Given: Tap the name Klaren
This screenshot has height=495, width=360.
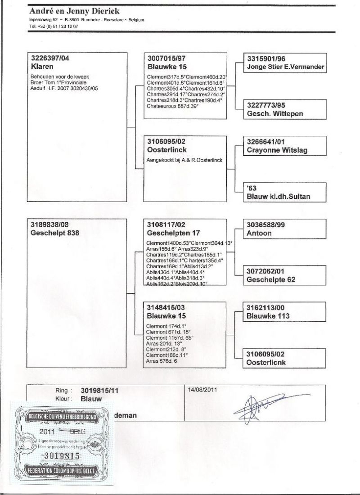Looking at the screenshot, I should [41, 66].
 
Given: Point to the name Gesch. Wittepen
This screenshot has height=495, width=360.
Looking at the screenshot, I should [275, 114].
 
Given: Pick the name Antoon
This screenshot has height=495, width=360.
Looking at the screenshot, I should [259, 233].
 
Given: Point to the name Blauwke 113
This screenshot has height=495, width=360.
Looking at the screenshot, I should [268, 316].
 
